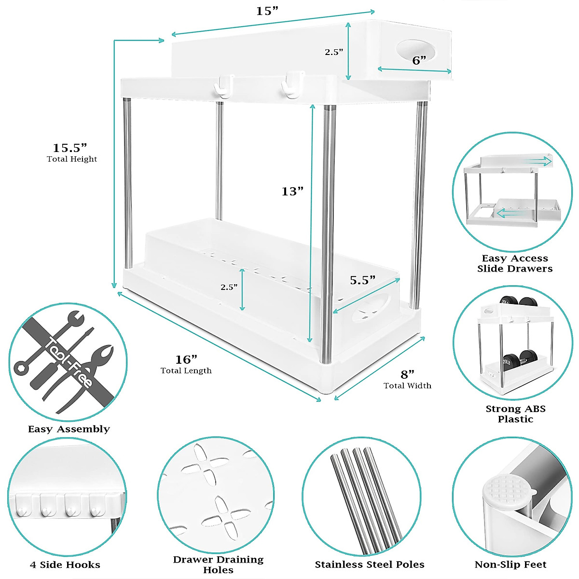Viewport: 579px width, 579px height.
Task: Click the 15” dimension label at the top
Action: click(x=267, y=11)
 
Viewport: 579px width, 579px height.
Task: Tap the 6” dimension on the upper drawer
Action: click(x=419, y=60)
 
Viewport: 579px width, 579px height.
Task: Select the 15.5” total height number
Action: click(x=69, y=147)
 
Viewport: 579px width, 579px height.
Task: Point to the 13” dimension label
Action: click(x=292, y=192)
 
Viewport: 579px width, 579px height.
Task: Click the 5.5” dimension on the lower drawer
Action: click(x=362, y=280)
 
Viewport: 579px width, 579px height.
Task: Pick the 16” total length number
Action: click(x=186, y=359)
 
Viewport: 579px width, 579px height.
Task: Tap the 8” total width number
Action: click(x=408, y=374)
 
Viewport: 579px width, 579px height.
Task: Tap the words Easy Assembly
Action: click(x=69, y=429)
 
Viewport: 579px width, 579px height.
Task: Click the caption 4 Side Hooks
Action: click(x=65, y=565)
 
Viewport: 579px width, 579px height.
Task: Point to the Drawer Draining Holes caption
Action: click(x=218, y=565)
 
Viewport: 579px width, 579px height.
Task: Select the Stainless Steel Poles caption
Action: click(x=370, y=565)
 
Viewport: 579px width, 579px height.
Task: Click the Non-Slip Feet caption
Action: click(x=510, y=565)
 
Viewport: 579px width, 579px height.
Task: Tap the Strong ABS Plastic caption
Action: click(x=515, y=414)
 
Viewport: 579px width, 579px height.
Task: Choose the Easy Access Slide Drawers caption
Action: click(x=515, y=263)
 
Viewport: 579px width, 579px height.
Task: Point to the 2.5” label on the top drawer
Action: click(x=334, y=52)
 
